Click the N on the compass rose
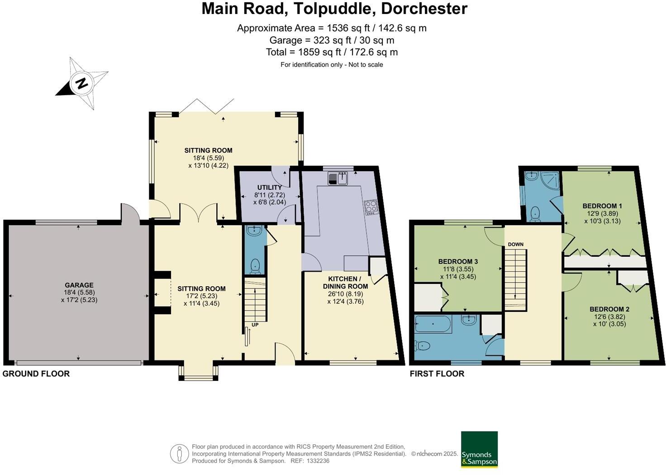click(82, 83)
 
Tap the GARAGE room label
click(79, 285)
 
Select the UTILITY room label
click(269, 187)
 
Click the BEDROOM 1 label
click(602, 206)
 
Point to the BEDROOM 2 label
click(609, 309)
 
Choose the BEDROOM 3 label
click(458, 262)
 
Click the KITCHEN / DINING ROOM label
click(346, 283)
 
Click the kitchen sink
click(338, 178)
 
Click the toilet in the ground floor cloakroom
click(255, 266)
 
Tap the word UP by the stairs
click(255, 325)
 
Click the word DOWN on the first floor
click(516, 245)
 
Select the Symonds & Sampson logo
click(479, 449)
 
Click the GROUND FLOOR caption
click(36, 374)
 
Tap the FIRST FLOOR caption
click(437, 374)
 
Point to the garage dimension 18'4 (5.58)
click(79, 292)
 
